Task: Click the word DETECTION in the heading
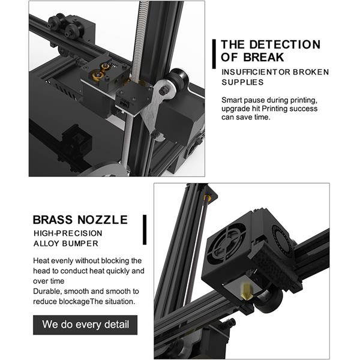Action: click(x=284, y=44)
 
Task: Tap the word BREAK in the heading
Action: click(x=263, y=57)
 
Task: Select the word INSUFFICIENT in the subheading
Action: click(x=250, y=72)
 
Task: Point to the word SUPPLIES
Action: click(x=242, y=82)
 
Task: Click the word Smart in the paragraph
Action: click(x=232, y=100)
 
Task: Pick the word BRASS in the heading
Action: click(x=53, y=220)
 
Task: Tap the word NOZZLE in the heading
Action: click(x=103, y=220)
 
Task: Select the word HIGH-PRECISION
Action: click(x=68, y=233)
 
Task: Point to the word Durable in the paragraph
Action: click(x=47, y=292)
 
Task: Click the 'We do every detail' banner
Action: click(x=85, y=325)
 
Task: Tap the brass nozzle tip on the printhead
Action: click(x=247, y=292)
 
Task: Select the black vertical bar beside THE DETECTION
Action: click(x=214, y=54)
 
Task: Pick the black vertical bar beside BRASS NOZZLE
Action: click(x=145, y=230)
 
